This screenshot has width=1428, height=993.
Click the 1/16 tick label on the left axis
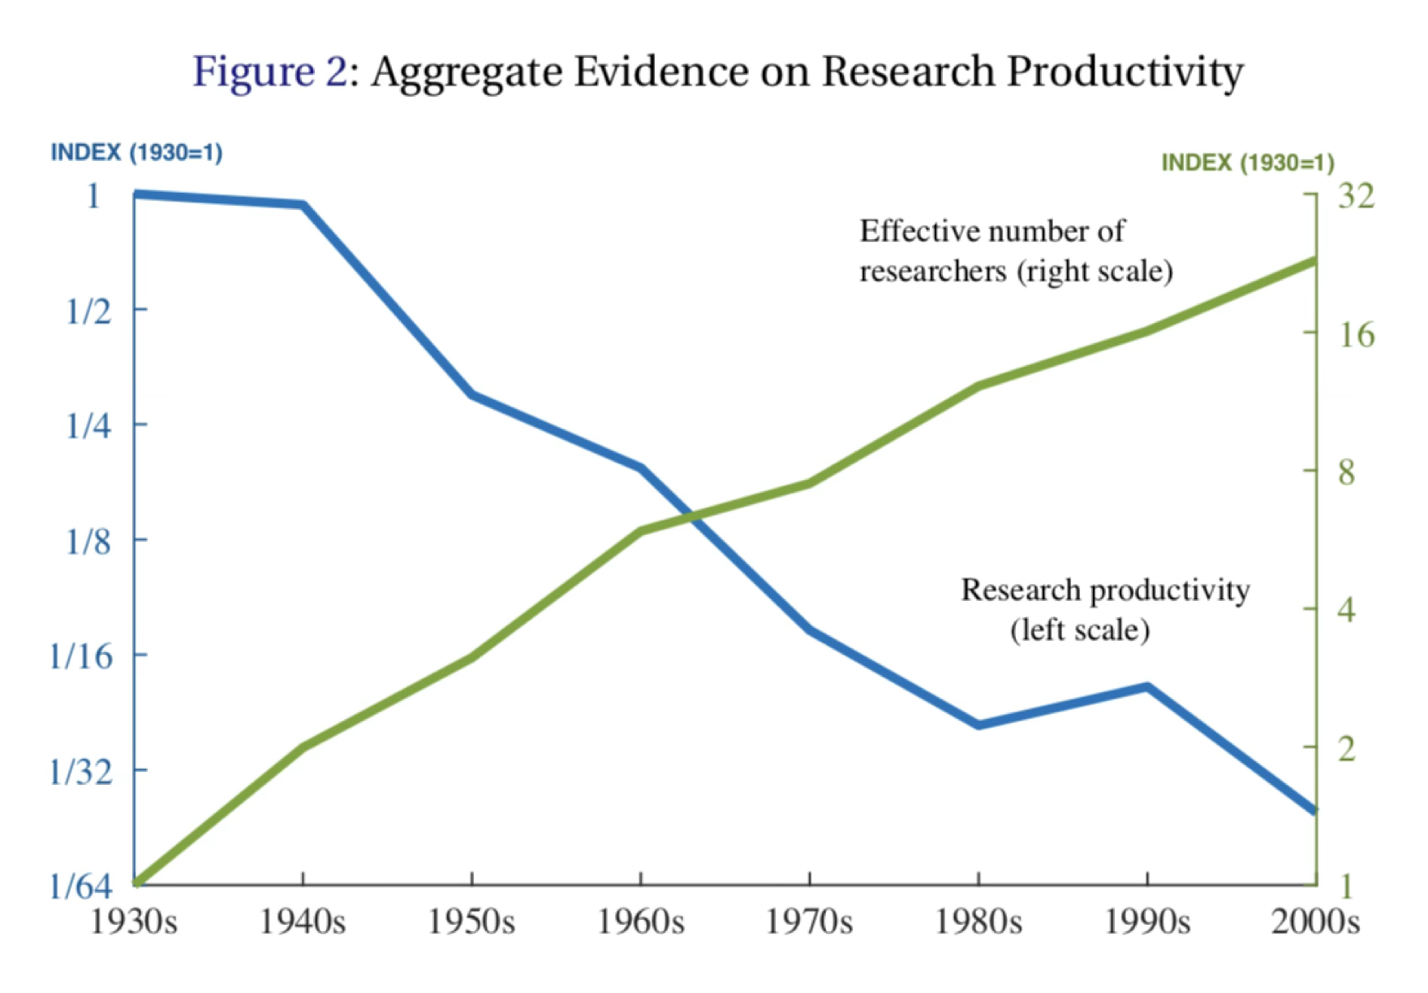81,656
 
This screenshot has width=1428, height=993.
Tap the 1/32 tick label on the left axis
81,771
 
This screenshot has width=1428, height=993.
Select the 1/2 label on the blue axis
89,311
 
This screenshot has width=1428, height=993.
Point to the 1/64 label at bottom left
81,886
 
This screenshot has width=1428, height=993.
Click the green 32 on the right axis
1356,195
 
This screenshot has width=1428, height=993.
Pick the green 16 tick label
1356,334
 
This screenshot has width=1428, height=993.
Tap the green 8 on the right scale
1346,472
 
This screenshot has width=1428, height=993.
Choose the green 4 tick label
1346,610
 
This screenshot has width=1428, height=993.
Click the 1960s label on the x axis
641,922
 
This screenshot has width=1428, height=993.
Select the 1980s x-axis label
978,922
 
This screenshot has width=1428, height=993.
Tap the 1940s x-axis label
303,922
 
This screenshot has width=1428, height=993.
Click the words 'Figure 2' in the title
270,72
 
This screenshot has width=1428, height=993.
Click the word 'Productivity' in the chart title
1125,72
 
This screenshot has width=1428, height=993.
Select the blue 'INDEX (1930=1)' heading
137,152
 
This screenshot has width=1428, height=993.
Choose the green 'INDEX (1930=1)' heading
1248,162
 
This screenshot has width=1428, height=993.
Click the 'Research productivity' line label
1105,590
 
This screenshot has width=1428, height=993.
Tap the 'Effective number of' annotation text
992,231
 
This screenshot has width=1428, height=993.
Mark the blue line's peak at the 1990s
1147,687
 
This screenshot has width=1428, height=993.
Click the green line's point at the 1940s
303,747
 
